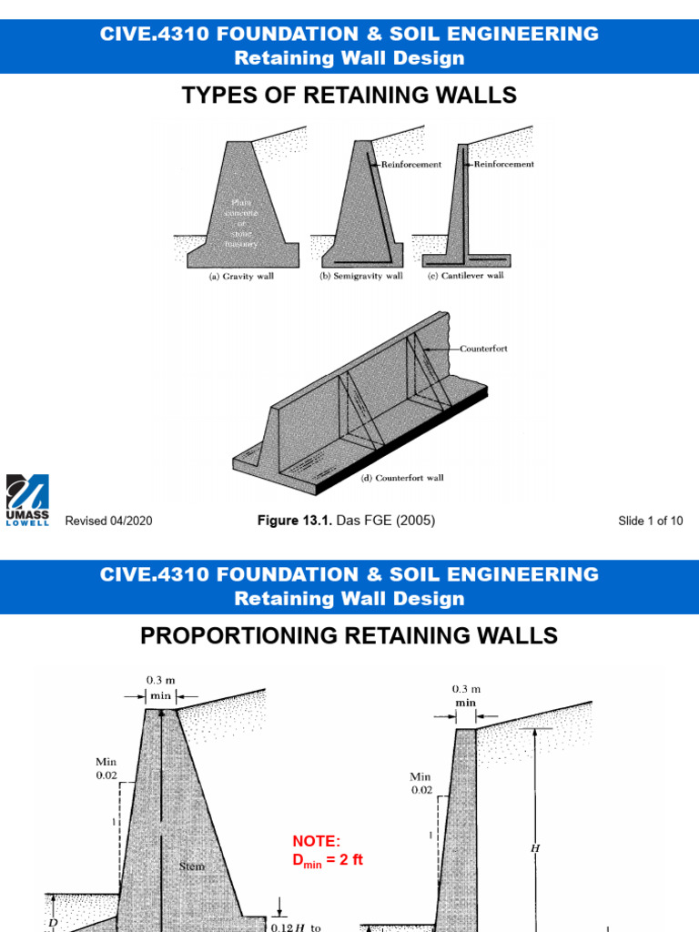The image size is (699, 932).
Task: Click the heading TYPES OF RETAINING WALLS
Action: [x=349, y=96]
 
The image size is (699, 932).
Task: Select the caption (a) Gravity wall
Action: [x=236, y=277]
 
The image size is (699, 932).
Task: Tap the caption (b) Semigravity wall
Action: [x=360, y=277]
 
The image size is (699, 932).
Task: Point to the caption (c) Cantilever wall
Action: [x=465, y=277]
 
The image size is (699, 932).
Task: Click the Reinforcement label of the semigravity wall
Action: [x=411, y=165]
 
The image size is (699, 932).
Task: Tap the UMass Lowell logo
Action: [x=27, y=500]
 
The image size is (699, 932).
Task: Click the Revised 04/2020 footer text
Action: [x=108, y=522]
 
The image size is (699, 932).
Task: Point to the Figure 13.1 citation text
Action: [x=346, y=521]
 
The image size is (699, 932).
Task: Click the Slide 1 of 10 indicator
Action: [x=650, y=522]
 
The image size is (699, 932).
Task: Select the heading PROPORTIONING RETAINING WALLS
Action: [x=349, y=636]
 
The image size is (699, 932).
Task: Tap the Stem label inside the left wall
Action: [x=192, y=866]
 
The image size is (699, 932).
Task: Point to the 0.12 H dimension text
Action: [x=292, y=927]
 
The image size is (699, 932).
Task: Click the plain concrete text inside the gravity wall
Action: [x=241, y=224]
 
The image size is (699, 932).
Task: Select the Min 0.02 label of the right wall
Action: [x=420, y=784]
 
